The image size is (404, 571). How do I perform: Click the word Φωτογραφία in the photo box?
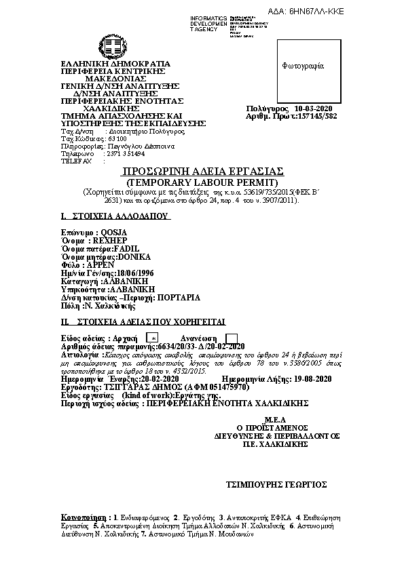(x=303, y=66)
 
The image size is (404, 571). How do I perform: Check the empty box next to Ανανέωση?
(x=231, y=338)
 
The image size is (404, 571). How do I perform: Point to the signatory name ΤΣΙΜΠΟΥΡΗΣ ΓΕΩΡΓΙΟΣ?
(x=276, y=484)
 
